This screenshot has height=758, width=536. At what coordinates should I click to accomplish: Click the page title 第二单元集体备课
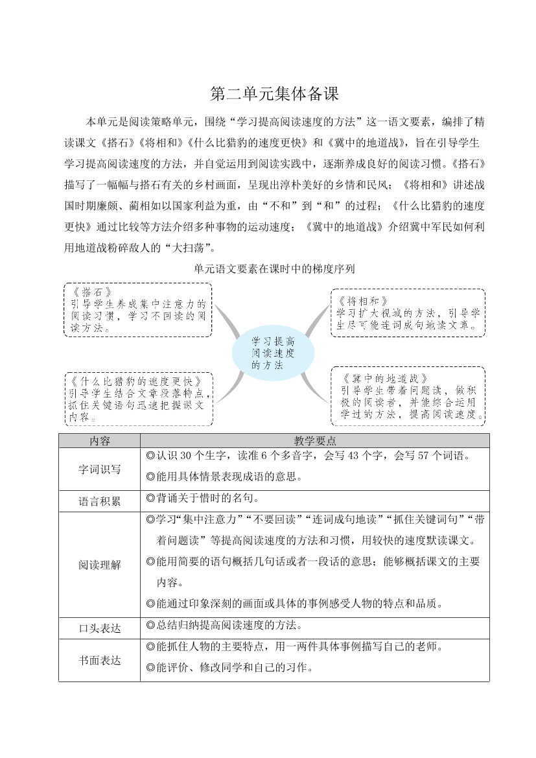274,95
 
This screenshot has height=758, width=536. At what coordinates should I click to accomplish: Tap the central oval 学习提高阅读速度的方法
273,353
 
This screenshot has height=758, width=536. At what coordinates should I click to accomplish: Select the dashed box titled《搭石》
138,310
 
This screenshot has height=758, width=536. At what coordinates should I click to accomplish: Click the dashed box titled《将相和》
408,313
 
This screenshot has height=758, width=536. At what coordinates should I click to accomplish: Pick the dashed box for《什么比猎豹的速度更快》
138,399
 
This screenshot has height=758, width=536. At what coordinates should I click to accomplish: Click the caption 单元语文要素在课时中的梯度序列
274,268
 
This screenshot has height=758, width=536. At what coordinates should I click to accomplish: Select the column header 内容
100,441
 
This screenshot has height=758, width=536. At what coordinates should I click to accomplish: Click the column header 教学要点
314,441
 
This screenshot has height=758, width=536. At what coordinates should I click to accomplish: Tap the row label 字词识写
100,469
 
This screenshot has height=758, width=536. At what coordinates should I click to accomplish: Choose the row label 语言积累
100,501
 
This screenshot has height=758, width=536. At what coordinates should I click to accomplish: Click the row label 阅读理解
100,565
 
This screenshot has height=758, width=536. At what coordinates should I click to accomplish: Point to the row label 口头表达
100,628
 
